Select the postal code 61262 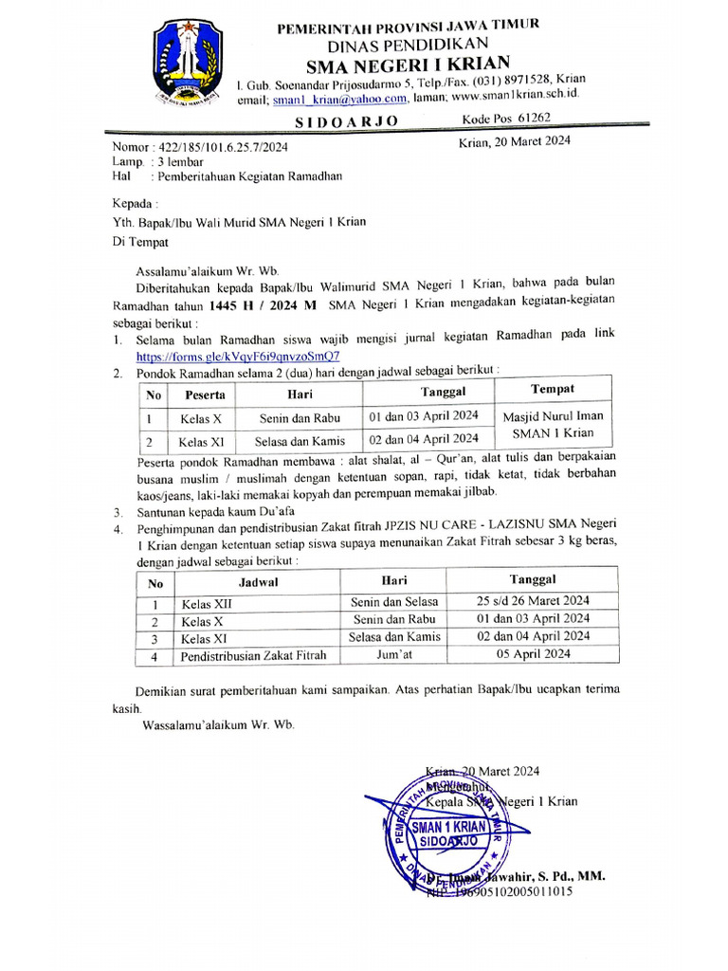(x=528, y=119)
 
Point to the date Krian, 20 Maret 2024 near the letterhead (x=515, y=141)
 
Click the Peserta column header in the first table (x=205, y=394)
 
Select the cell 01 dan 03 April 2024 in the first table (x=423, y=416)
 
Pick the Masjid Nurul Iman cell (x=552, y=415)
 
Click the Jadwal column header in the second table (x=257, y=582)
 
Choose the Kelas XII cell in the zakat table (x=207, y=602)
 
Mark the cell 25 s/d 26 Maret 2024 (x=533, y=600)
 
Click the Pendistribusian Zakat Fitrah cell (x=253, y=654)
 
